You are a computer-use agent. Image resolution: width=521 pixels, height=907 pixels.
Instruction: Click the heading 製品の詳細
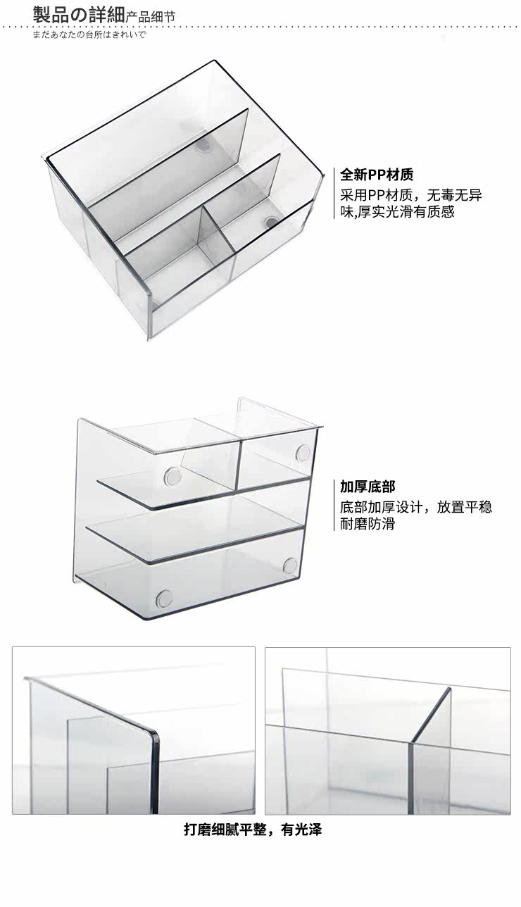click(78, 13)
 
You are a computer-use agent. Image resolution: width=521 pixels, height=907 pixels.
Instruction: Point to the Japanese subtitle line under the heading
click(89, 34)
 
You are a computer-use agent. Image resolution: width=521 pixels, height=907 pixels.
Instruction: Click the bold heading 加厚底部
click(368, 487)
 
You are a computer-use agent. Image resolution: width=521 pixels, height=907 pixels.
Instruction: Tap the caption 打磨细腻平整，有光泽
click(253, 830)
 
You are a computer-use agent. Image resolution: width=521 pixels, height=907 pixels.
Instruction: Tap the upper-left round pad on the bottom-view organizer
click(172, 476)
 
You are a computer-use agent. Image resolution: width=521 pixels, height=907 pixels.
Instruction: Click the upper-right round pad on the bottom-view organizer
click(303, 451)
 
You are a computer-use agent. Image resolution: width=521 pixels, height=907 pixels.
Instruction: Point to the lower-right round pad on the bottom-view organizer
click(290, 564)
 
